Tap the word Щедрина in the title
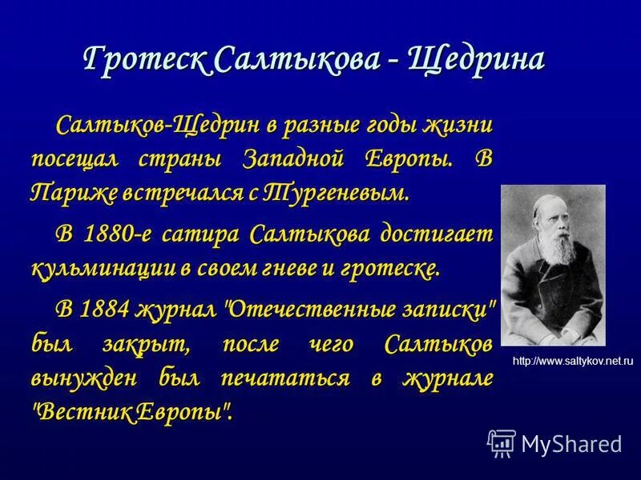477,60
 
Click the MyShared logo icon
502,442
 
